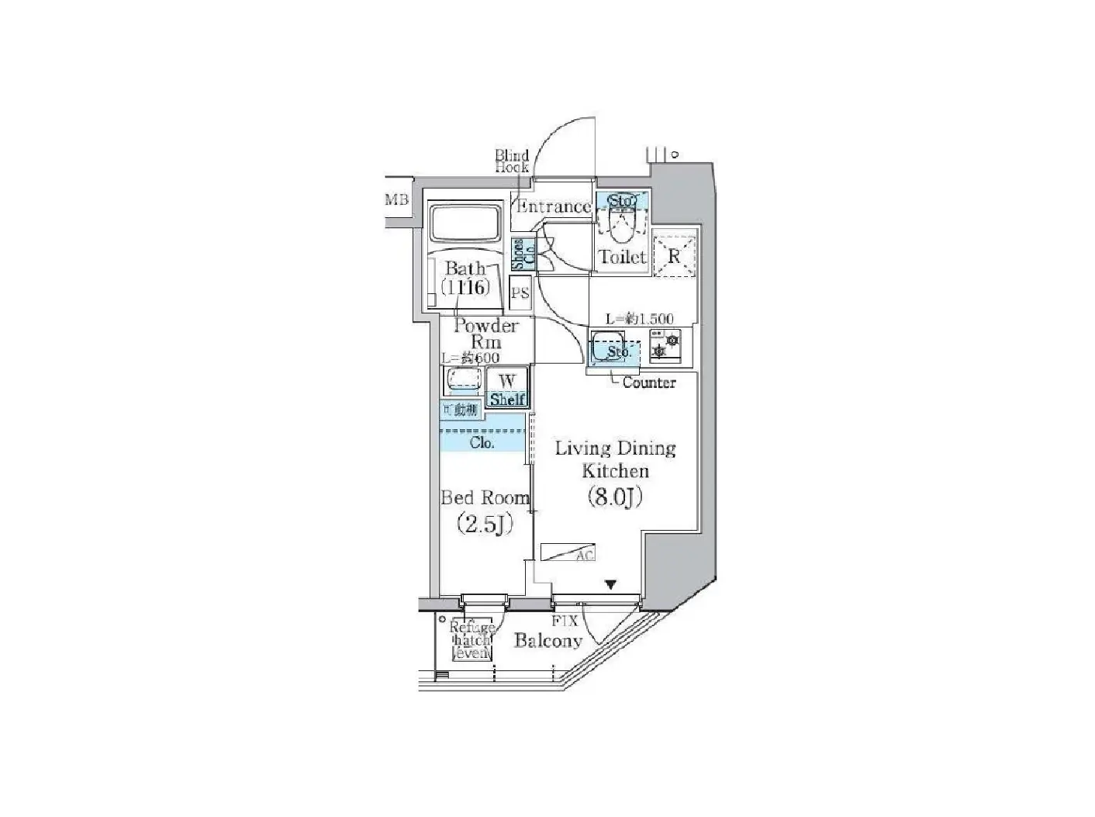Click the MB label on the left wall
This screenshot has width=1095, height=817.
[x=396, y=199]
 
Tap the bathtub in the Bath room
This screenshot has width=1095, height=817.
[x=465, y=224]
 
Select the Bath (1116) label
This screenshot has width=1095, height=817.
[x=465, y=278]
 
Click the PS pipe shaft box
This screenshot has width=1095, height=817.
[x=520, y=293]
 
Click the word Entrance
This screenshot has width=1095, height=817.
[x=553, y=206]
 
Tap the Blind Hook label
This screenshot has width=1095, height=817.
[x=512, y=161]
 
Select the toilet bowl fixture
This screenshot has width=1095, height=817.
[x=623, y=224]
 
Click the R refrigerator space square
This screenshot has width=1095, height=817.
[x=674, y=255]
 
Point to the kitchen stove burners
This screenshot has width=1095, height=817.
[x=665, y=344]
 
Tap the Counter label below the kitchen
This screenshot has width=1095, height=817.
[x=649, y=383]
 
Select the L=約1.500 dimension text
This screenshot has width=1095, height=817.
[x=639, y=318]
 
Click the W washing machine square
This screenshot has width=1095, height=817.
[x=507, y=381]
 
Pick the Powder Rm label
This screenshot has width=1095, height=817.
[x=485, y=334]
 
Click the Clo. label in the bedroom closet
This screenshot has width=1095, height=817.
[x=482, y=443]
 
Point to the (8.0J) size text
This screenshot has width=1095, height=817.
[x=616, y=497]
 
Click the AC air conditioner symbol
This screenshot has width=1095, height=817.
[x=568, y=552]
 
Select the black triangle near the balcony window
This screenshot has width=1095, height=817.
[x=611, y=585]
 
